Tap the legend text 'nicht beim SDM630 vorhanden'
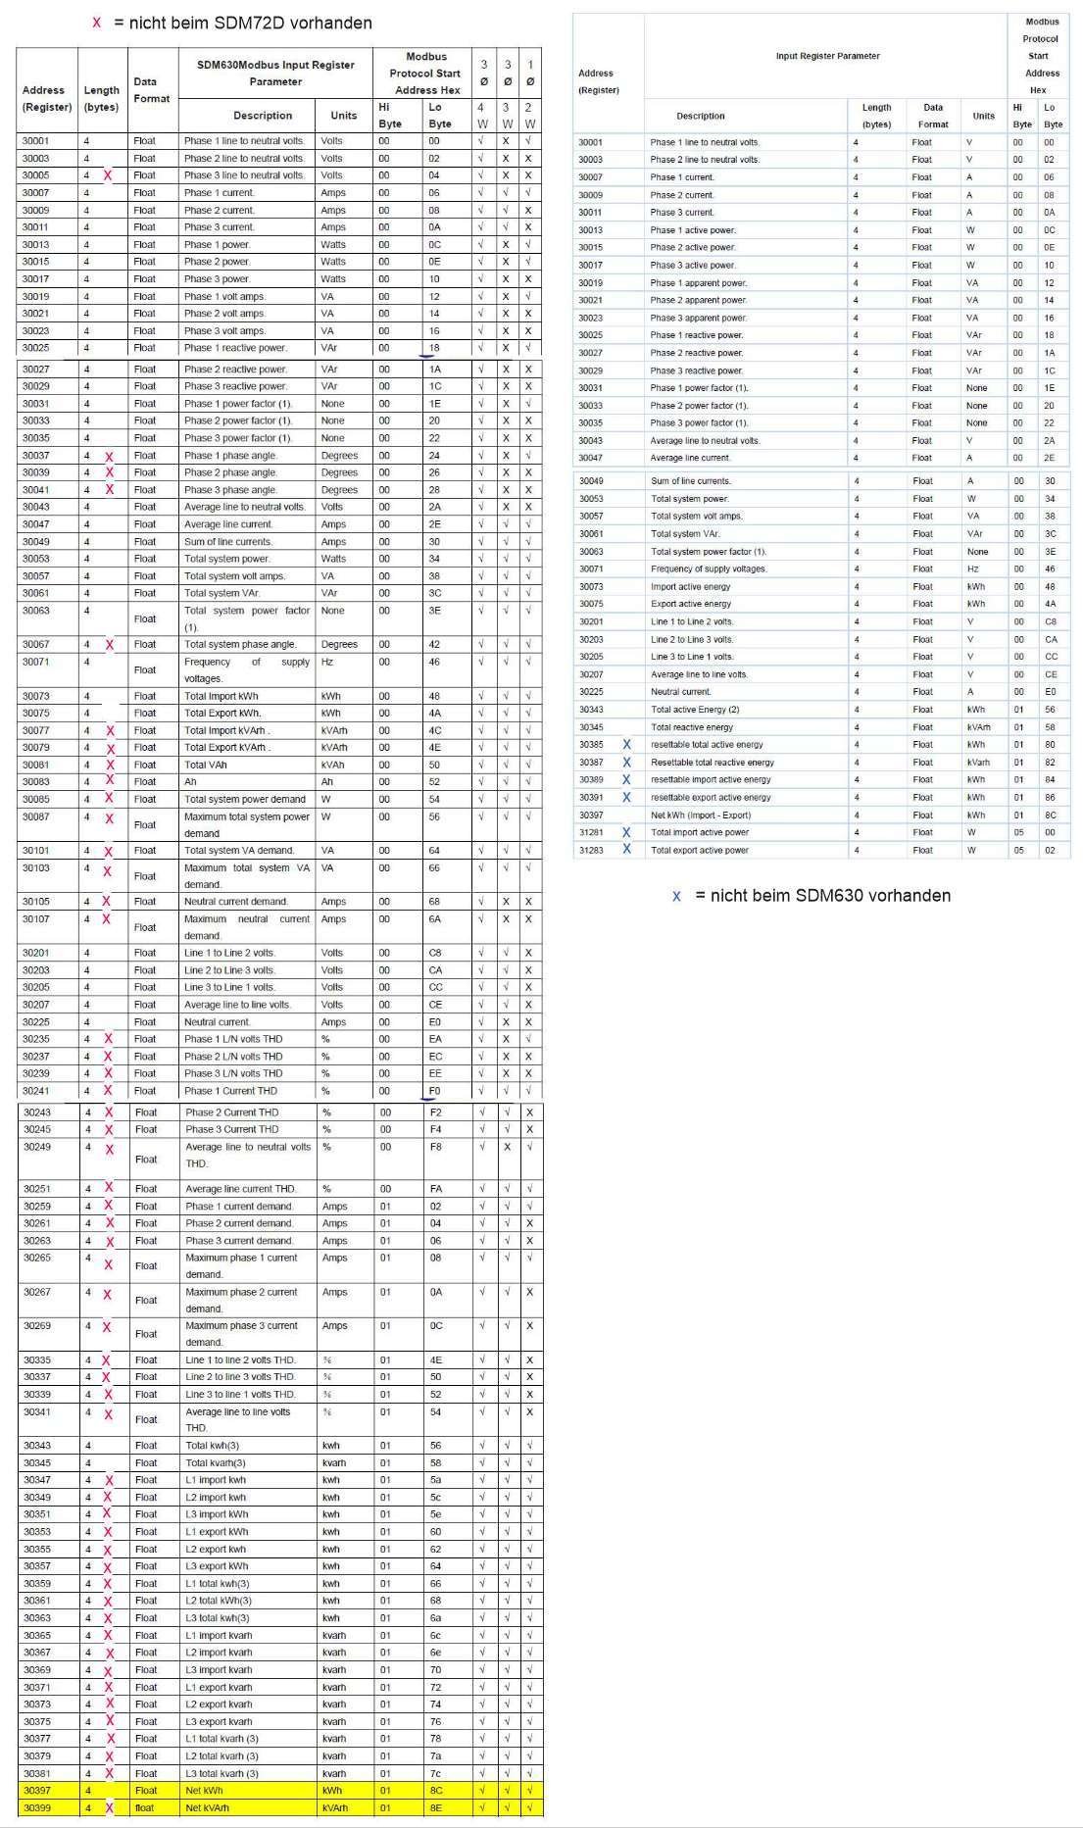pos(822,895)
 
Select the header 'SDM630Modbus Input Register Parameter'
pos(275,74)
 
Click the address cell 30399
pos(37,1807)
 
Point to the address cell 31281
pos(591,832)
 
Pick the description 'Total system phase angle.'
pos(240,644)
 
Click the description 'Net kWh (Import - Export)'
pos(701,815)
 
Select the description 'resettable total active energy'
pos(707,744)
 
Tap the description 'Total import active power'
pos(700,832)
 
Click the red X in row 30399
pos(109,1808)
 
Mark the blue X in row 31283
pos(627,849)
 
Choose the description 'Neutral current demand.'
pos(236,901)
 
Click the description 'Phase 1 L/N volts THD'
pos(233,1039)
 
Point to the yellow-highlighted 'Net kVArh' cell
pos(207,1807)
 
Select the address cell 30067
pos(36,644)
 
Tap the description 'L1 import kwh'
pos(216,1480)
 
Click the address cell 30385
pos(591,744)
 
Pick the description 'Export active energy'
pos(691,604)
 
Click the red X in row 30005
pos(108,175)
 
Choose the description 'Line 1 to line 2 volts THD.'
pos(240,1359)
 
